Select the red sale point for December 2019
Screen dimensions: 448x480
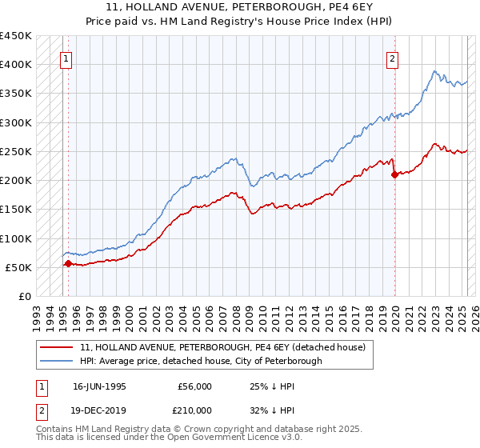[394, 175]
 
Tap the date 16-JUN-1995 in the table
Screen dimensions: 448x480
[99, 386]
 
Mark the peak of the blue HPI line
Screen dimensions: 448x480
[434, 71]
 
